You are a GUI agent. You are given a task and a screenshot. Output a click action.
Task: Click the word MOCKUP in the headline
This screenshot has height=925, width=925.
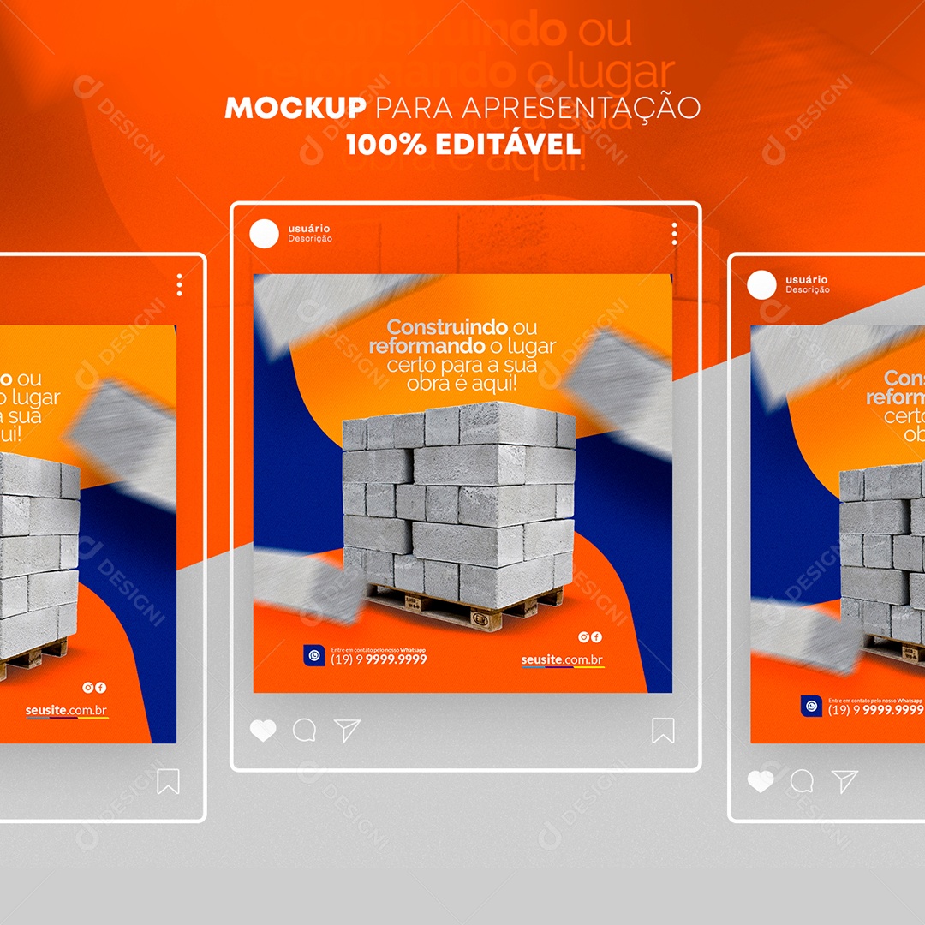point(295,109)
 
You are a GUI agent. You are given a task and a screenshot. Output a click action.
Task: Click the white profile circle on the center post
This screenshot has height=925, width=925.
point(265,234)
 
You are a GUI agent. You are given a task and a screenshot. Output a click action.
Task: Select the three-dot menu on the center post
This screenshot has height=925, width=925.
point(674,234)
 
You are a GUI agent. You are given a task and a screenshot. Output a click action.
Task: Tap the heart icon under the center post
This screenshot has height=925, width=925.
point(263,731)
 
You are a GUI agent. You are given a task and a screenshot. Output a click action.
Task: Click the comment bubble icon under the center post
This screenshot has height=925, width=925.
point(304,731)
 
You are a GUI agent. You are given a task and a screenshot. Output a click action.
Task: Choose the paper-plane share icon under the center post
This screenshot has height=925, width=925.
point(347,731)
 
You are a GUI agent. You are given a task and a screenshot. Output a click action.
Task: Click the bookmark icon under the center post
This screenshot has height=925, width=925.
point(663,731)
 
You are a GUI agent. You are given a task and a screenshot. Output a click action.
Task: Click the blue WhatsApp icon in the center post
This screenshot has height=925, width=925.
point(314,655)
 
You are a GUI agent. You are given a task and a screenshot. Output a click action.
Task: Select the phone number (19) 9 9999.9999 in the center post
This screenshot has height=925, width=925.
point(379,659)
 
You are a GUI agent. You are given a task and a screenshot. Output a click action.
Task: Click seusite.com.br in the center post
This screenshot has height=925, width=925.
point(562,659)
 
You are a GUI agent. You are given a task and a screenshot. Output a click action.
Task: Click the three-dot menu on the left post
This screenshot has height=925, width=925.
point(179,285)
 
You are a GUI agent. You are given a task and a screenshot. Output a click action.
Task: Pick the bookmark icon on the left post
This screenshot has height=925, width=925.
point(168,781)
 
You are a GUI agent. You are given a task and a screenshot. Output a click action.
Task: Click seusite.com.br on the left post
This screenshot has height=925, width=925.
point(67,711)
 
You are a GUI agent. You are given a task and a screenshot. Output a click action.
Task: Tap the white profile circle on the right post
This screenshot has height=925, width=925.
point(761,285)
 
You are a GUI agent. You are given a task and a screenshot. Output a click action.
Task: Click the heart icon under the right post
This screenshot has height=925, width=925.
point(760,781)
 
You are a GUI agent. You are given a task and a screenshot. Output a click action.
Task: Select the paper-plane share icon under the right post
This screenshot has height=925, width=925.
point(844,781)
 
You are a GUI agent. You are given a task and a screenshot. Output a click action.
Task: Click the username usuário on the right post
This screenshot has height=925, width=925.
point(806,279)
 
